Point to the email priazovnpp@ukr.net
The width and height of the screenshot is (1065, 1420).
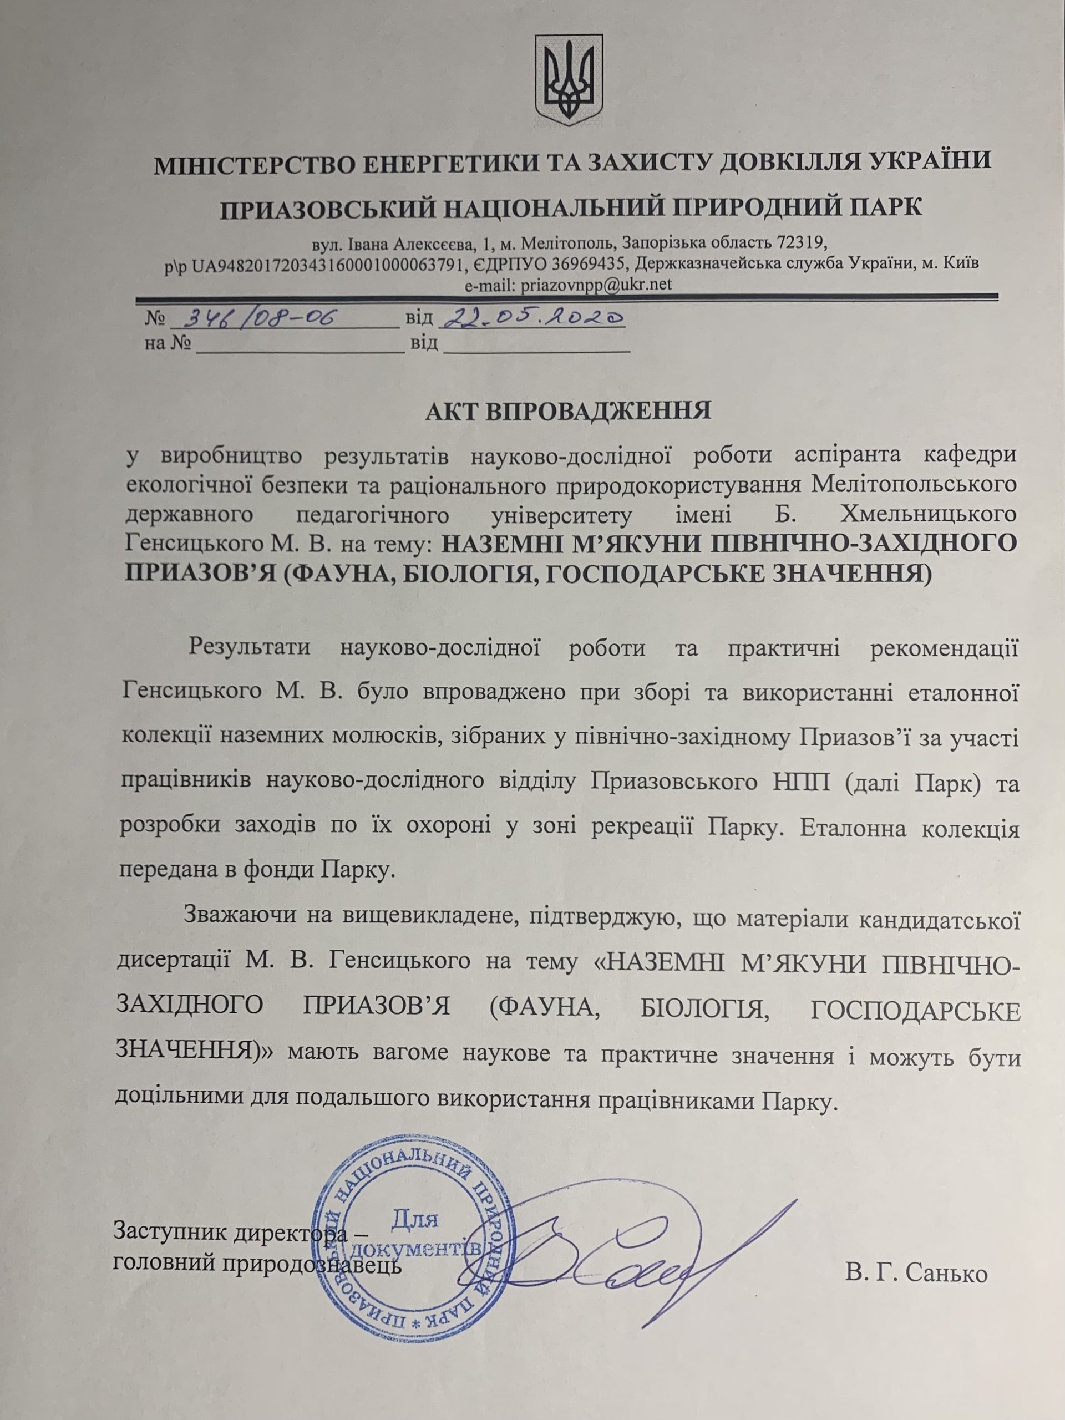[597, 285]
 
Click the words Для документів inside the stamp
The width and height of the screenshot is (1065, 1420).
[416, 1234]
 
